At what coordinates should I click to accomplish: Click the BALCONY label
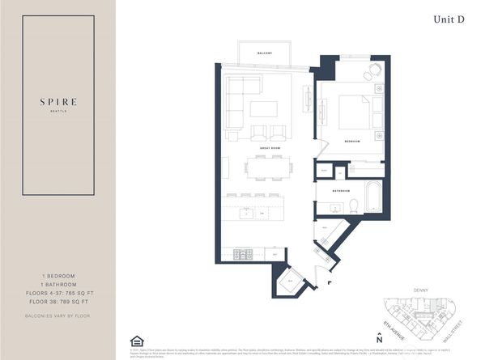click(264, 53)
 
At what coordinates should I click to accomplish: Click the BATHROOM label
click(340, 191)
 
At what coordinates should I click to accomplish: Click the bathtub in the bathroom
click(374, 198)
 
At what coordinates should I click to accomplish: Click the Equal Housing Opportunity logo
click(135, 342)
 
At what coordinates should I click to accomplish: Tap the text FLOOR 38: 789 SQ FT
click(57, 299)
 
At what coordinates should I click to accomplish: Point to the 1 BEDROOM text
click(57, 275)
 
